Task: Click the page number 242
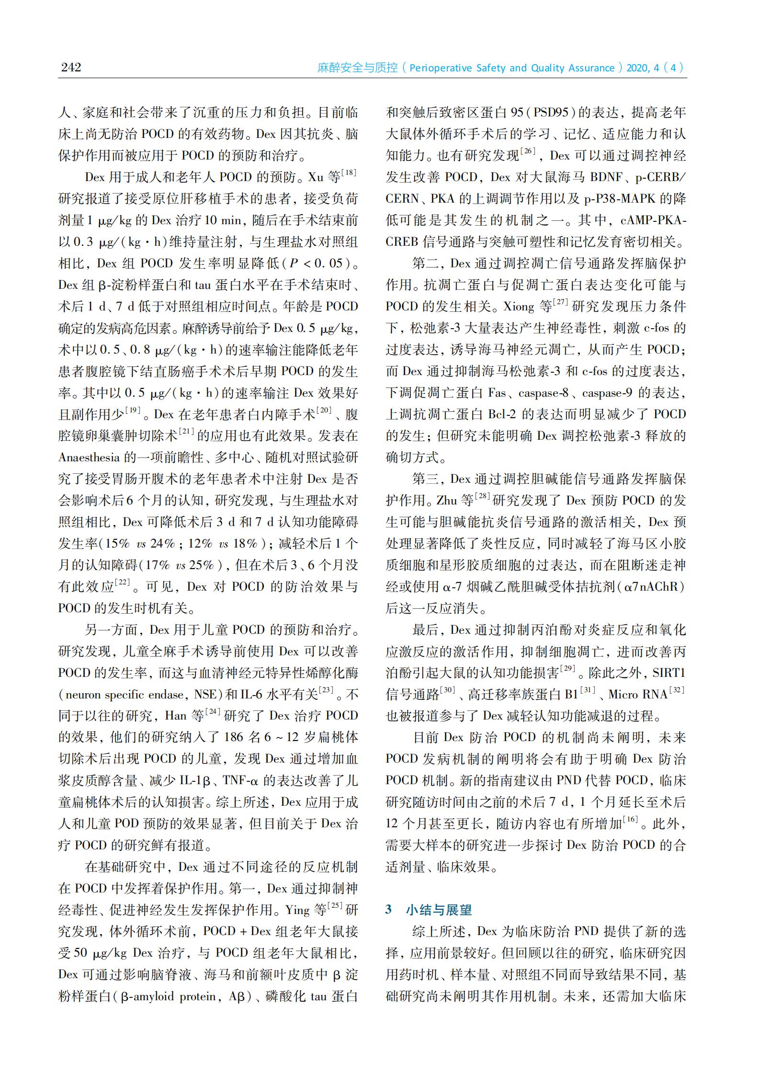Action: point(71,67)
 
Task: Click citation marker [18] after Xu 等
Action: point(348,173)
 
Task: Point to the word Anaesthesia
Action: point(89,457)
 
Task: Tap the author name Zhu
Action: point(447,501)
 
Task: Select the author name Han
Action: point(175,716)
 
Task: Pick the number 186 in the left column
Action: point(234,738)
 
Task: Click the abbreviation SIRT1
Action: point(669,673)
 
